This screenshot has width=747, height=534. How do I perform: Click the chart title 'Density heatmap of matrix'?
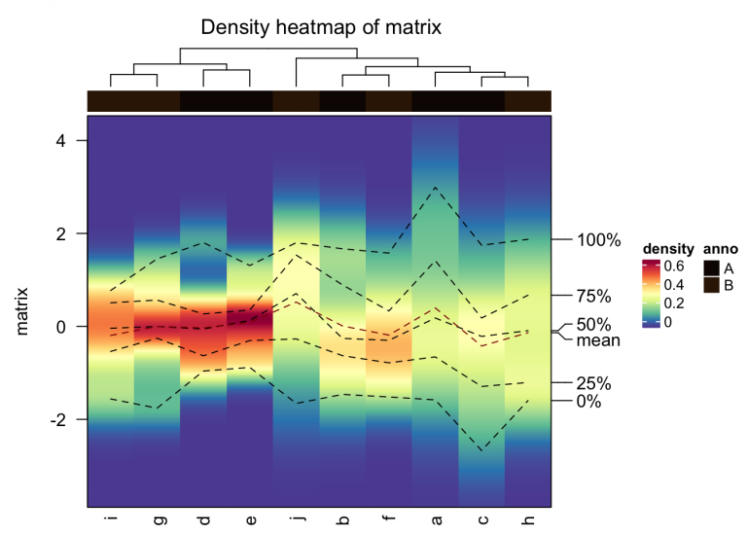[x=321, y=27]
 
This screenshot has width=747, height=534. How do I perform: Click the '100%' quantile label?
[x=598, y=240]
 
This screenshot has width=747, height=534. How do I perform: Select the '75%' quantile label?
[x=593, y=296]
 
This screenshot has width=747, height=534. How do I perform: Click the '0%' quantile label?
[x=589, y=401]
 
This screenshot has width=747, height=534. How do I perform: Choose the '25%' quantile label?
[x=593, y=382]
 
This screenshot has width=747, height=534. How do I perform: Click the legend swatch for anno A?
[x=712, y=267]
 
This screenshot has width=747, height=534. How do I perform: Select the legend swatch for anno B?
[x=712, y=284]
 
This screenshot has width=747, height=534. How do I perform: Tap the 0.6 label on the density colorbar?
[x=673, y=266]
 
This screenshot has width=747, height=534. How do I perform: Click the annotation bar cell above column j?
[x=297, y=101]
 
